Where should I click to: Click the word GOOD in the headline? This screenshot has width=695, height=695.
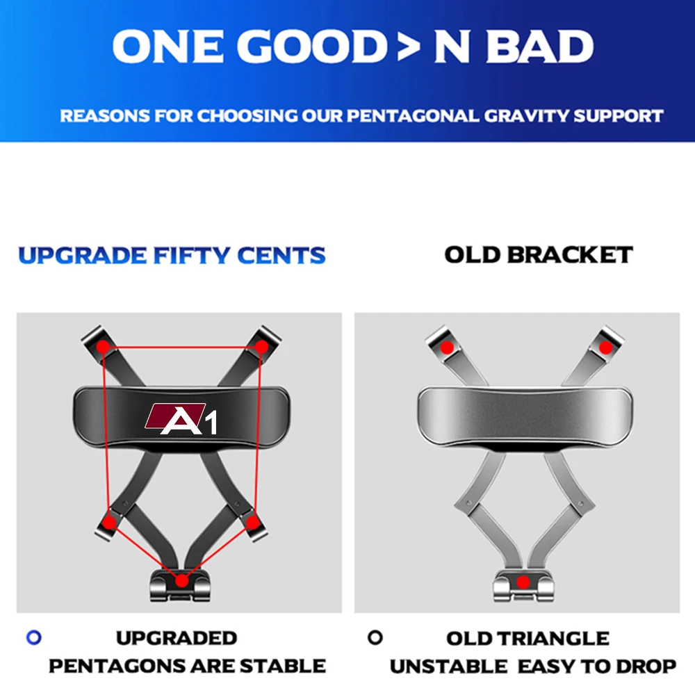pyautogui.click(x=312, y=46)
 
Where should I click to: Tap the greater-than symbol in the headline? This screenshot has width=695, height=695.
pyautogui.click(x=409, y=46)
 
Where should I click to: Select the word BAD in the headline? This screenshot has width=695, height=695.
pyautogui.click(x=539, y=46)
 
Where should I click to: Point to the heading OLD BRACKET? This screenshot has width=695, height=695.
pyautogui.click(x=539, y=255)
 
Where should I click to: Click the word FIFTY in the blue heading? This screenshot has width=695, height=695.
pyautogui.click(x=192, y=255)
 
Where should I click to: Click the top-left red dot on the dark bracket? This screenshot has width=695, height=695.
pyautogui.click(x=104, y=347)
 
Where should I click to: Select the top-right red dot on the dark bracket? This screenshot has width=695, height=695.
pyautogui.click(x=261, y=347)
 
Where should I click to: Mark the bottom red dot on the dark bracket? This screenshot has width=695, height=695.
pyautogui.click(x=181, y=580)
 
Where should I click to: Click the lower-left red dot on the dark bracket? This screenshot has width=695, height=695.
pyautogui.click(x=109, y=523)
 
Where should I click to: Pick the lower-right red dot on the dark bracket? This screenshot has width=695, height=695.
pyautogui.click(x=253, y=523)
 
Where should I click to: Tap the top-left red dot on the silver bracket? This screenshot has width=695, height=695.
pyautogui.click(x=447, y=347)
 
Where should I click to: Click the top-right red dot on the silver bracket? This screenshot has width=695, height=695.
pyautogui.click(x=605, y=347)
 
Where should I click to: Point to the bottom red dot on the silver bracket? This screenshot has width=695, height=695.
pyautogui.click(x=523, y=582)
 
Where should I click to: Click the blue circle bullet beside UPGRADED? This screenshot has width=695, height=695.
pyautogui.click(x=34, y=637)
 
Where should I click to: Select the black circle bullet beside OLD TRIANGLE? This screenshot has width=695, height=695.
pyautogui.click(x=375, y=637)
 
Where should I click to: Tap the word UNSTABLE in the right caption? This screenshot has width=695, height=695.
pyautogui.click(x=448, y=667)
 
